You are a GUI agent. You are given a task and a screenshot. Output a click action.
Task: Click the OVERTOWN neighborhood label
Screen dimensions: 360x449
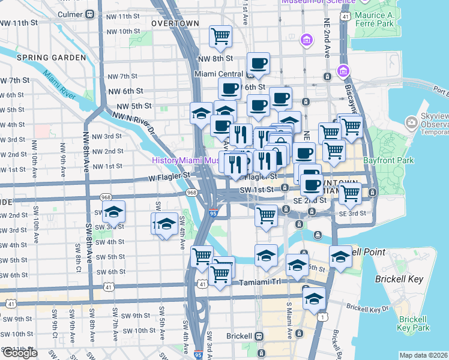[x=175, y=23]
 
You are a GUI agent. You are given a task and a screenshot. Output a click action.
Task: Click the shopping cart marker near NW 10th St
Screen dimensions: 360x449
[x=220, y=36]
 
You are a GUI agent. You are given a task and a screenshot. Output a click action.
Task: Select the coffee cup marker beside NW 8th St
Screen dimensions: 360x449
[x=258, y=63]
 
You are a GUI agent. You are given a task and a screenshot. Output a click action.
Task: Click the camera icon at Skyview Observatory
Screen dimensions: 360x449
[x=411, y=122]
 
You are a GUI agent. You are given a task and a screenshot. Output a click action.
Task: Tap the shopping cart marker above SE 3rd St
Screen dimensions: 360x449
[x=350, y=194]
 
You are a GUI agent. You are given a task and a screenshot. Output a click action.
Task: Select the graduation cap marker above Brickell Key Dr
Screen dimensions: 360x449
[x=314, y=299]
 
